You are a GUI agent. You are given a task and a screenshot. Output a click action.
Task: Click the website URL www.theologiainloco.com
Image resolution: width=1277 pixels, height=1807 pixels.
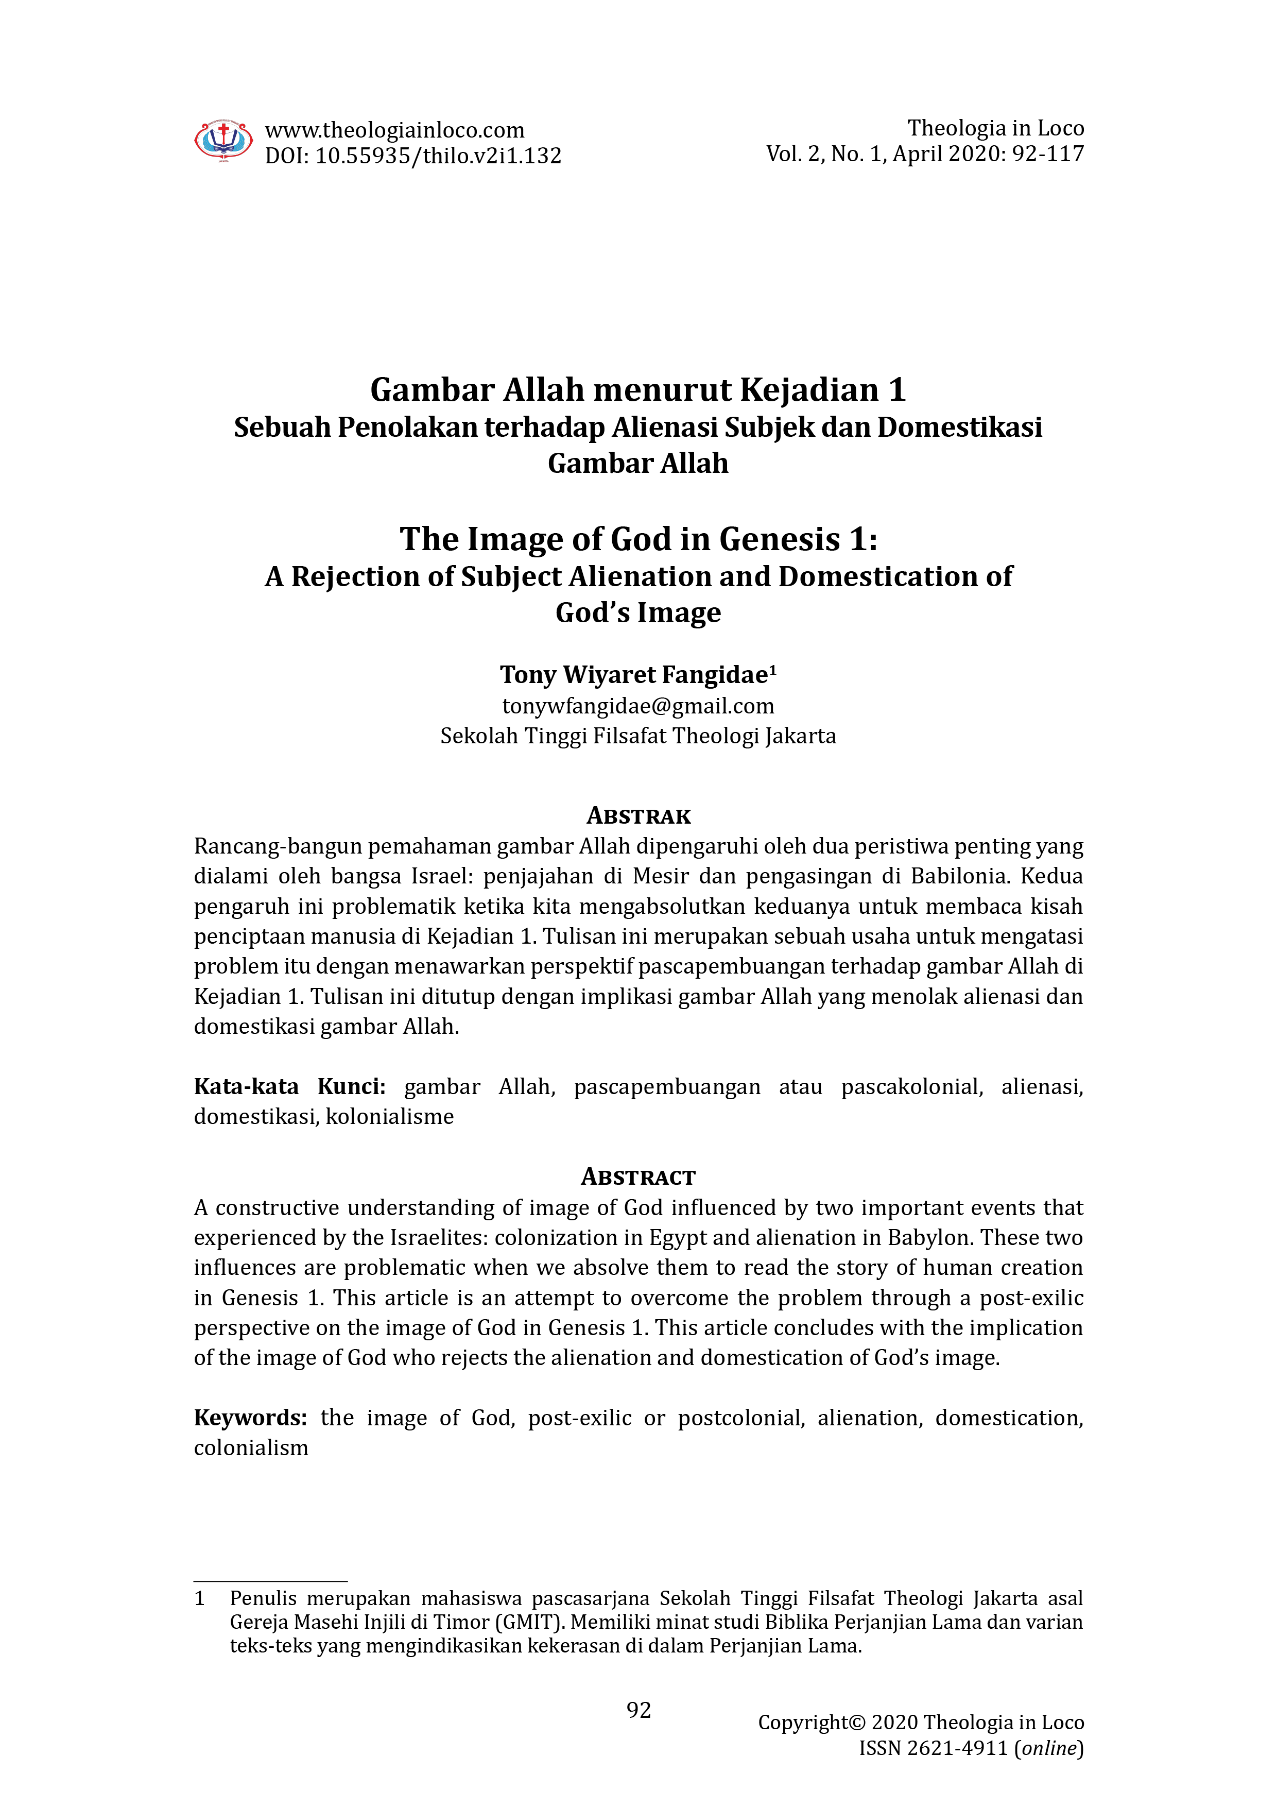(x=394, y=130)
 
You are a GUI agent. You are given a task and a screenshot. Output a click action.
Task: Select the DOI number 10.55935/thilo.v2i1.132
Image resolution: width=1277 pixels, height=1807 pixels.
(x=438, y=156)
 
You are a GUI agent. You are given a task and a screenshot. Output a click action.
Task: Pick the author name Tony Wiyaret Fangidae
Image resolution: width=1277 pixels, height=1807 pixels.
(x=633, y=674)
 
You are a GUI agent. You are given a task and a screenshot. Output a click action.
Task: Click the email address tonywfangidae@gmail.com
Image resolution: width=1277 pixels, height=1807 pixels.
(x=638, y=706)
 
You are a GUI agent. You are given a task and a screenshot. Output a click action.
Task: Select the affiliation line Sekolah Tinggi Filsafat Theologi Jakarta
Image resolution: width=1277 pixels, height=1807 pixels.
(x=638, y=736)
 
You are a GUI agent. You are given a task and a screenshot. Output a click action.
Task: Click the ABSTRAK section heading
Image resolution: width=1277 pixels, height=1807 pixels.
(x=638, y=816)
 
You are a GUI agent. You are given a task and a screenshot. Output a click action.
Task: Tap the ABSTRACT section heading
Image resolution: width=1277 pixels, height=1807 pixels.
(x=638, y=1178)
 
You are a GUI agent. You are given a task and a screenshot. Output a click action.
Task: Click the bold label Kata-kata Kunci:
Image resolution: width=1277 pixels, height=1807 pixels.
(x=289, y=1087)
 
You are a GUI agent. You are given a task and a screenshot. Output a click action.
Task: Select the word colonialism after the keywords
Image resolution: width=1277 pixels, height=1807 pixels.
(x=251, y=1447)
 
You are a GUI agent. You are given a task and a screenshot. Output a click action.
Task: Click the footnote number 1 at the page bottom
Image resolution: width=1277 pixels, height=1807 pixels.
(x=200, y=1598)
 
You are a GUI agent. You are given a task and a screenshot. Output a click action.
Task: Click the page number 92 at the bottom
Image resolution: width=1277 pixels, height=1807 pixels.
(x=638, y=1710)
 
